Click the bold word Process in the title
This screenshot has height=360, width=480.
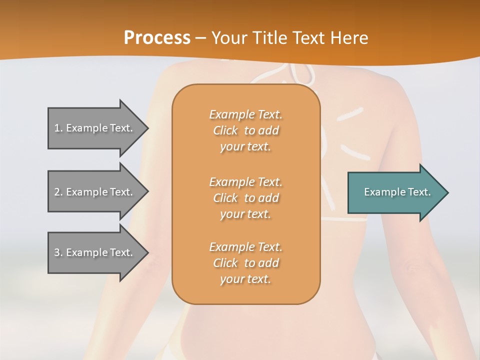pos(157,38)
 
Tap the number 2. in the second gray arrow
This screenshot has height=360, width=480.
pos(58,192)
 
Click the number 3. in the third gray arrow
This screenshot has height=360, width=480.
pos(58,252)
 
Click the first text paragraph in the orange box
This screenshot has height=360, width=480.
pos(245,130)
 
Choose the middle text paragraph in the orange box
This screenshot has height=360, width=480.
pos(245,198)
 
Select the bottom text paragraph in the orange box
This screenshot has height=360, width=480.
pos(245,263)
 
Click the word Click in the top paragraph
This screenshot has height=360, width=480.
pos(225,130)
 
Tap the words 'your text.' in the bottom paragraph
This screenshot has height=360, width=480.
pos(245,279)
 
